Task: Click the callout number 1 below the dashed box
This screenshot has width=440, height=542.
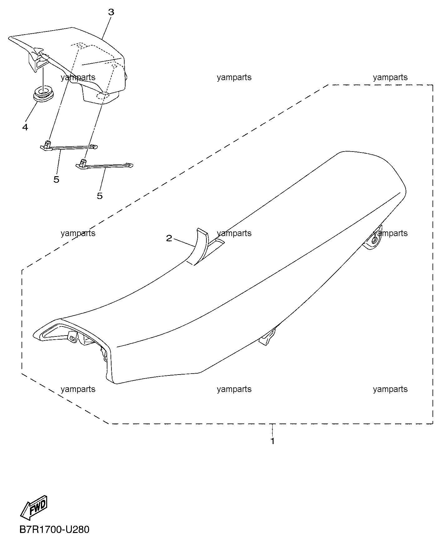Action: tap(273, 441)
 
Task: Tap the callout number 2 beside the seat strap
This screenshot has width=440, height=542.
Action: tap(169, 239)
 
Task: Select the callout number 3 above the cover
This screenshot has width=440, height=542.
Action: tap(111, 12)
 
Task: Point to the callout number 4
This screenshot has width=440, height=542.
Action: tap(25, 127)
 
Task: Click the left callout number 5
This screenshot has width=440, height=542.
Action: tap(56, 180)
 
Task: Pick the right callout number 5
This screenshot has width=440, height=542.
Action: tap(100, 196)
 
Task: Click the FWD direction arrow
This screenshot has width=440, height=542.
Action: tap(34, 507)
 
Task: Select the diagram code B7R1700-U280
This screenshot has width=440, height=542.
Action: tap(54, 530)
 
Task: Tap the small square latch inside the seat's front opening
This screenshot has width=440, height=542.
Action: tap(72, 337)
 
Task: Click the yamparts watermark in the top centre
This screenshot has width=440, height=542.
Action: tap(234, 77)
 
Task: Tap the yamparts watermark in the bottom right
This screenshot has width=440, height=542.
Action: tap(390, 389)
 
